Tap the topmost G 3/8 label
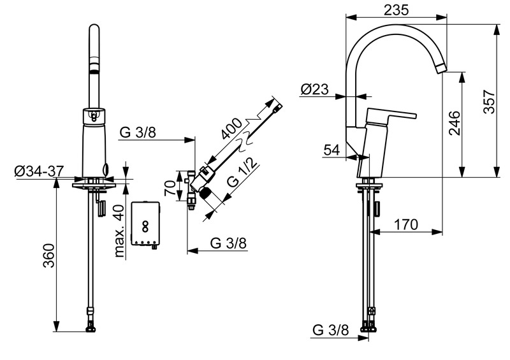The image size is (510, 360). click(136, 132)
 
